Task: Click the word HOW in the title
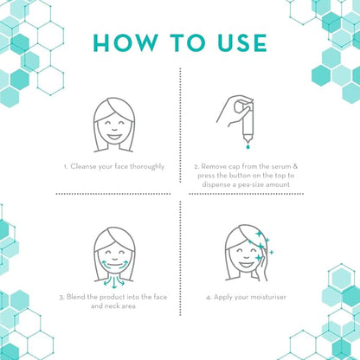(125, 43)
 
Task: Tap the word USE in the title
(241, 43)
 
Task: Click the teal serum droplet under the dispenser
(247, 147)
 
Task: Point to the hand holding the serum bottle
(232, 111)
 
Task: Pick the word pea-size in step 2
(250, 184)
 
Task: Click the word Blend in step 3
(76, 297)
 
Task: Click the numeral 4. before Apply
(209, 298)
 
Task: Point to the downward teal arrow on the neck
(114, 283)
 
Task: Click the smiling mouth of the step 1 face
(114, 136)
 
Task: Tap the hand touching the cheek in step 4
(263, 267)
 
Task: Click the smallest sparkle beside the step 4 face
(271, 253)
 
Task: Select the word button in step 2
(241, 176)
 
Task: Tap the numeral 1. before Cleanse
(66, 167)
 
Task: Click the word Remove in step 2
(214, 166)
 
